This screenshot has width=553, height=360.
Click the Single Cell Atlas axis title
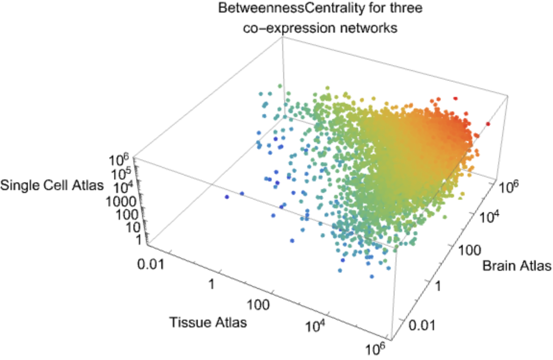click(x=52, y=186)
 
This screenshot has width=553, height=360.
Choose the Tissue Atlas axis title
click(x=208, y=322)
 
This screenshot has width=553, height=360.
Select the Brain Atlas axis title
click(x=517, y=265)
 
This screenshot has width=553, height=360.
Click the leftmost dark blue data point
click(x=227, y=197)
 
